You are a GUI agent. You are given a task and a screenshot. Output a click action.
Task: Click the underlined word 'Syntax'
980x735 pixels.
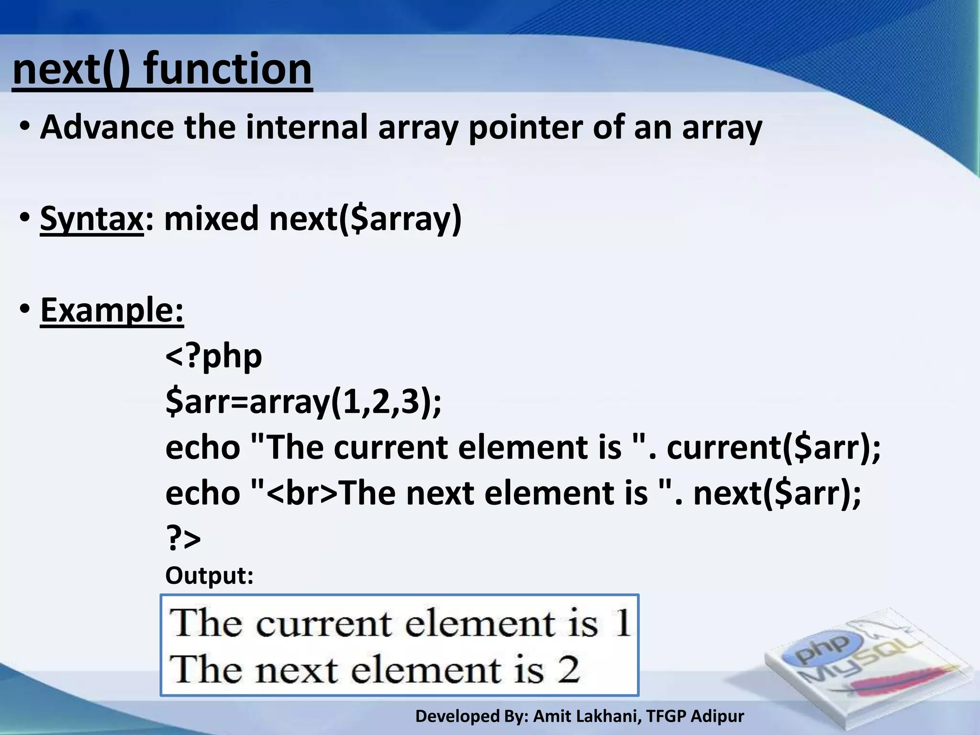[91, 219]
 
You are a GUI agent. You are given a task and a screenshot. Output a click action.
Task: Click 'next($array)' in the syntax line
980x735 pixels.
[365, 219]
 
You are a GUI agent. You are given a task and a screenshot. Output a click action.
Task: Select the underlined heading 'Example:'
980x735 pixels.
[111, 310]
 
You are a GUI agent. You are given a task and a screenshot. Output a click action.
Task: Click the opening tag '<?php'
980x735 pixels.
[213, 356]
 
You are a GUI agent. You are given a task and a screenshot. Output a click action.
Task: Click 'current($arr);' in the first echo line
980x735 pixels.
[773, 447]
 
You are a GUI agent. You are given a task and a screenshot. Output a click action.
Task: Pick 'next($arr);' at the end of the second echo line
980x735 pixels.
[777, 493]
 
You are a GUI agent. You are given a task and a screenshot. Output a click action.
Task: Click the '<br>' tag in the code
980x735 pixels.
[301, 494]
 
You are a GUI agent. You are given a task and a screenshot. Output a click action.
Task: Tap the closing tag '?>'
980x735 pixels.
[183, 539]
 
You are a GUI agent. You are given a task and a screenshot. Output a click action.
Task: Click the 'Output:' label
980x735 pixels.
[209, 576]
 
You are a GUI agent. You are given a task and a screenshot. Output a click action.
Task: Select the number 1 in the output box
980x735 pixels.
[623, 624]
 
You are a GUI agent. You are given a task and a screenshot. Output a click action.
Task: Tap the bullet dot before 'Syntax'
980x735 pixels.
[25, 219]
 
